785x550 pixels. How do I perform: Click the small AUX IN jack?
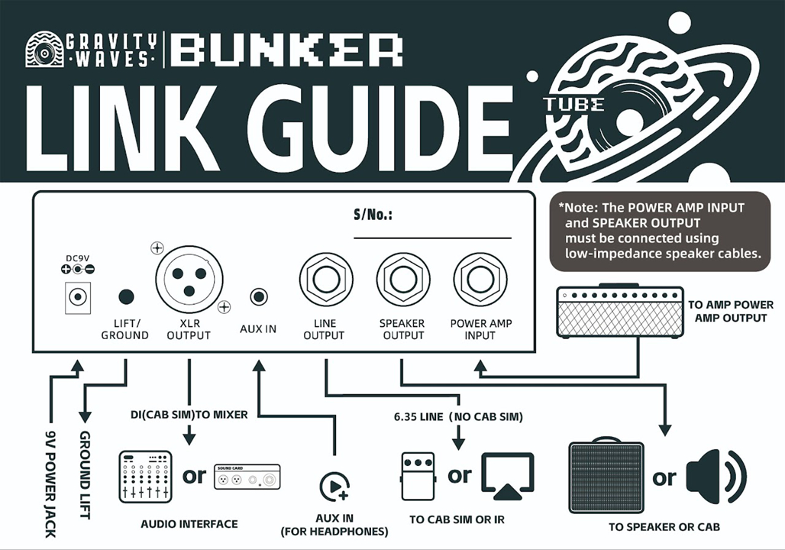tap(260, 296)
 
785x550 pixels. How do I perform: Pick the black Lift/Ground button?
tap(126, 297)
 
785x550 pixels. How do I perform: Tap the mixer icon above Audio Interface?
tap(145, 476)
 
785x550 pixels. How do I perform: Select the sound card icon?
tap(247, 477)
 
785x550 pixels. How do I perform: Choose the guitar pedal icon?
tap(418, 477)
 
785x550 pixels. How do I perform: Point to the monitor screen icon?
tap(508, 476)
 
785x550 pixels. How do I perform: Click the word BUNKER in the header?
tap(286, 50)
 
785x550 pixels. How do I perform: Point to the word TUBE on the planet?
tap(573, 105)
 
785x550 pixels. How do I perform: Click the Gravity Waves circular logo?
tap(44, 50)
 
